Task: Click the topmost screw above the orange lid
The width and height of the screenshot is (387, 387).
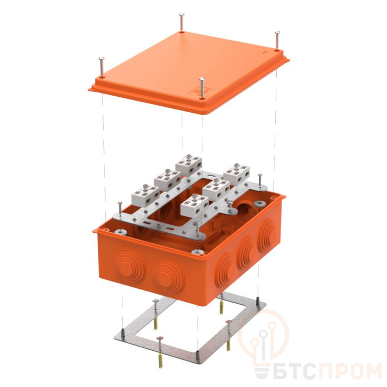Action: coord(182,22)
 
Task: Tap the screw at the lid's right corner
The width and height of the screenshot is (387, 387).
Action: coord(277,41)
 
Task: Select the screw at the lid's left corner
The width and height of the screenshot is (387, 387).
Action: coord(101,67)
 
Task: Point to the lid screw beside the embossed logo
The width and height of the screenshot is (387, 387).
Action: coord(202,88)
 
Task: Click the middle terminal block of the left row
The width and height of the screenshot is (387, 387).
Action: coord(167,179)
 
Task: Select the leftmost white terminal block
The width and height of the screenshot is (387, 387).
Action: coord(146,195)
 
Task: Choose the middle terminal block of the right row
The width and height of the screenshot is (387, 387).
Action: coord(216,189)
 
